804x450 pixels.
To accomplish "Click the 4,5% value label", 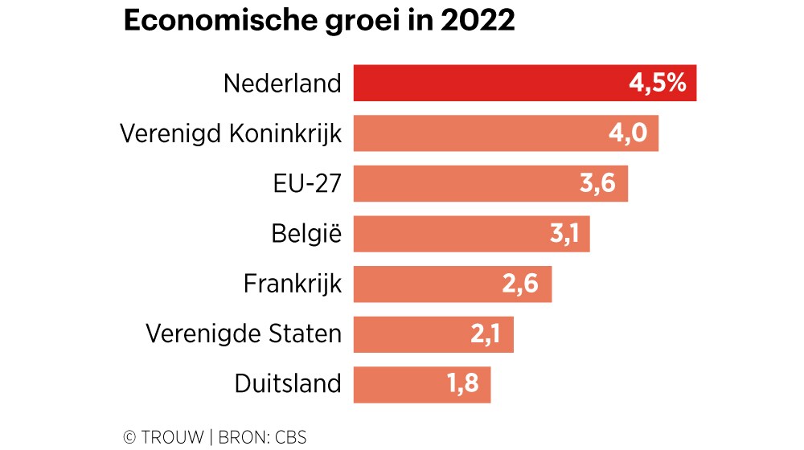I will click(x=658, y=84).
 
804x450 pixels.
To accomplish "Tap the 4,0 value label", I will click(x=628, y=133).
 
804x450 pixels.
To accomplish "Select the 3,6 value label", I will click(x=597, y=183).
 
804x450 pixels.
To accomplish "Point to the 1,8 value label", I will click(x=462, y=384).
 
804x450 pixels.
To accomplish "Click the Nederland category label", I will click(x=282, y=84).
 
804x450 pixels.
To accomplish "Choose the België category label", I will click(x=306, y=234).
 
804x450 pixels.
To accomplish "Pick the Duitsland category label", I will click(x=288, y=384).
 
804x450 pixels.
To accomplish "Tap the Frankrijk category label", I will click(x=292, y=284).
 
